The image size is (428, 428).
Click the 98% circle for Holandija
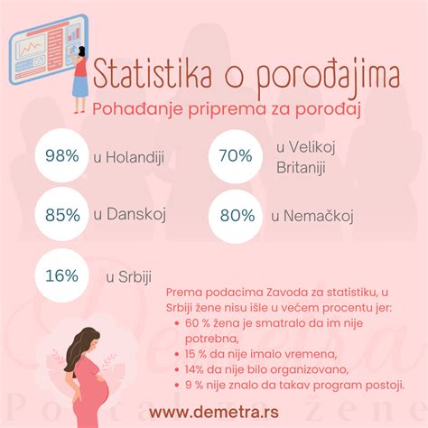coord(61,155)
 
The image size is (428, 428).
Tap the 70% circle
coord(236,156)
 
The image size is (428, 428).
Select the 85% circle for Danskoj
coord(61,214)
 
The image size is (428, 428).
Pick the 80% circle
coord(236,216)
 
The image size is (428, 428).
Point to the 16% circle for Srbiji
coord(61,275)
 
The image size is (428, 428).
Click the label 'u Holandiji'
coord(129,157)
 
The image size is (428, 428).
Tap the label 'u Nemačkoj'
coord(312,216)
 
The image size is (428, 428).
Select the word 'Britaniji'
coord(301,168)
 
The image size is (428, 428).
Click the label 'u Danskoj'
coord(130,214)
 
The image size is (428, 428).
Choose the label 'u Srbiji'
coord(128,277)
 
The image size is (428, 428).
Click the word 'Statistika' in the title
coord(153,73)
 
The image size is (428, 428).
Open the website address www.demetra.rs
coord(214,412)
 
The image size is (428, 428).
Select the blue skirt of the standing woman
coord(80,87)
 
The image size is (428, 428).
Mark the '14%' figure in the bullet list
coord(194,369)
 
